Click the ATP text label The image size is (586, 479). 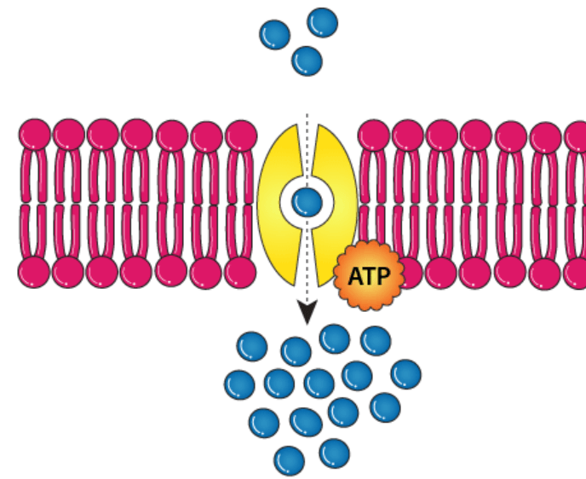[369, 276]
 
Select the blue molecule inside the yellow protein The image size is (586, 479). [307, 203]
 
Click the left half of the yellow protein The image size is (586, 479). [278, 205]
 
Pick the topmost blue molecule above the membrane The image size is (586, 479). [322, 22]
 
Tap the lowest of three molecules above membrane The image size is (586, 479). [307, 61]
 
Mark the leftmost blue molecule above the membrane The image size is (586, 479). [274, 35]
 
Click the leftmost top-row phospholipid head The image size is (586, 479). [35, 135]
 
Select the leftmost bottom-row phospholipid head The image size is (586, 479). [34, 273]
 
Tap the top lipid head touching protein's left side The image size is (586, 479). [241, 136]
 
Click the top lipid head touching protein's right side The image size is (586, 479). [374, 136]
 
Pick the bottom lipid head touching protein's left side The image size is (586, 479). [241, 273]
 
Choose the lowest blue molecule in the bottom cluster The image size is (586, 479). [289, 460]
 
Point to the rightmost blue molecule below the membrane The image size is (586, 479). [405, 374]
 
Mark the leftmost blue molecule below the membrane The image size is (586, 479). [239, 384]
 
